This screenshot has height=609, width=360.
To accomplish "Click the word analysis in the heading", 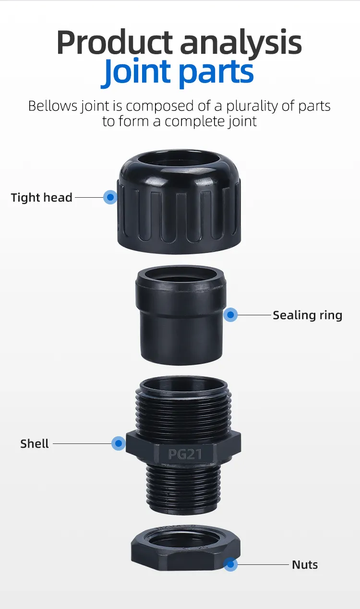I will point(241,43).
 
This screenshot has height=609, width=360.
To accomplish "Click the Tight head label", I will point(41,197).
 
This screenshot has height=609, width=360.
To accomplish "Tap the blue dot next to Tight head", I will point(110,197).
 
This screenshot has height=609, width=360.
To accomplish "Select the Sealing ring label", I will point(307,315).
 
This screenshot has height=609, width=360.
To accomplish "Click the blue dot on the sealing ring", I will point(231,315).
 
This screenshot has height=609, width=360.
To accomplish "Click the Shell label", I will point(35,443).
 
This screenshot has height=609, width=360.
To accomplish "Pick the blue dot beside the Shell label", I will point(118,443).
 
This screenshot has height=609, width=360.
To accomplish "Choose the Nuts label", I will point(305,564).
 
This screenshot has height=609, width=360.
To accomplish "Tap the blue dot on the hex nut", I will point(231,564).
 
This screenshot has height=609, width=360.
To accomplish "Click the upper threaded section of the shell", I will point(183,408).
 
